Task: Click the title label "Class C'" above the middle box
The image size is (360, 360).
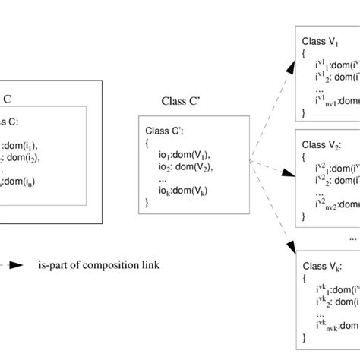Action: pyautogui.click(x=182, y=99)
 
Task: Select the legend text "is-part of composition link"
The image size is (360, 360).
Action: pyautogui.click(x=99, y=266)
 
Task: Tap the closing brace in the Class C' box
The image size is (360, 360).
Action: pyautogui.click(x=147, y=202)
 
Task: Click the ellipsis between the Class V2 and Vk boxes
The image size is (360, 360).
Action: pyautogui.click(x=352, y=238)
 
